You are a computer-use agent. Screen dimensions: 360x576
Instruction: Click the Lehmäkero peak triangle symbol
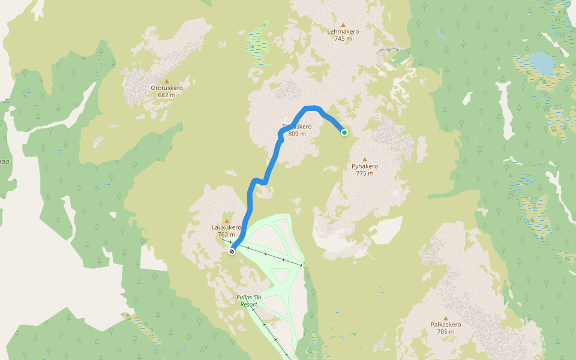[343, 25]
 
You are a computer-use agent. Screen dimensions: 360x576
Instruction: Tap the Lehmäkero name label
[343, 32]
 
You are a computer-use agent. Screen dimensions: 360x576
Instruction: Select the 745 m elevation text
[343, 39]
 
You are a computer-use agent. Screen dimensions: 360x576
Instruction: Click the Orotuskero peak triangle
[167, 81]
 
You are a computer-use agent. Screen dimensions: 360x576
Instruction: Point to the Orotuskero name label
[167, 88]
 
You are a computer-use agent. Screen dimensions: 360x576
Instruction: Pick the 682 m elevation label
[167, 95]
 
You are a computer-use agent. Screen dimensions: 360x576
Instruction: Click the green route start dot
[344, 133]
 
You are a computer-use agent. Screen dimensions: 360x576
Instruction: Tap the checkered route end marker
[232, 251]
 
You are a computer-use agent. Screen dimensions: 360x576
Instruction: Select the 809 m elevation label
[297, 134]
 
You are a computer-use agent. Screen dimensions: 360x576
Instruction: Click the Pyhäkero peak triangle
[364, 159]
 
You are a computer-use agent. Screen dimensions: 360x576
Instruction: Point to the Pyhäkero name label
[364, 166]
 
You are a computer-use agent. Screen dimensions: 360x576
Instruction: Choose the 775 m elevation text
[364, 173]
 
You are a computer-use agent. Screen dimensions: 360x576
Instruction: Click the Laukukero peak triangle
[227, 221]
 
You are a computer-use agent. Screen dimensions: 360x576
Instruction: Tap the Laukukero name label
[227, 228]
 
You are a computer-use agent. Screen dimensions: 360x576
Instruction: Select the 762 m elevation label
[227, 235]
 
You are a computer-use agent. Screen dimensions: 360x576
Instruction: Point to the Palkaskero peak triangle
[445, 318]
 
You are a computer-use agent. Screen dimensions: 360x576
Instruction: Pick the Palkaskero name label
[445, 325]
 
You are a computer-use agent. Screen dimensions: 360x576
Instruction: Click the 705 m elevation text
[445, 332]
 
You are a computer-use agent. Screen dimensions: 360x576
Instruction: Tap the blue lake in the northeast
[541, 62]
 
